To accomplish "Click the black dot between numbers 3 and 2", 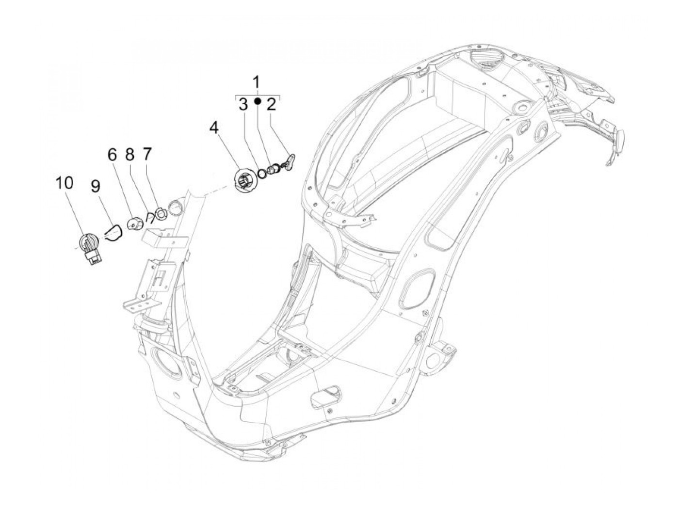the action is coord(258,101).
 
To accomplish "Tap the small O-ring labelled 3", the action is coord(262,173).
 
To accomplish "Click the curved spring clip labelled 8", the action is coord(150,215).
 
